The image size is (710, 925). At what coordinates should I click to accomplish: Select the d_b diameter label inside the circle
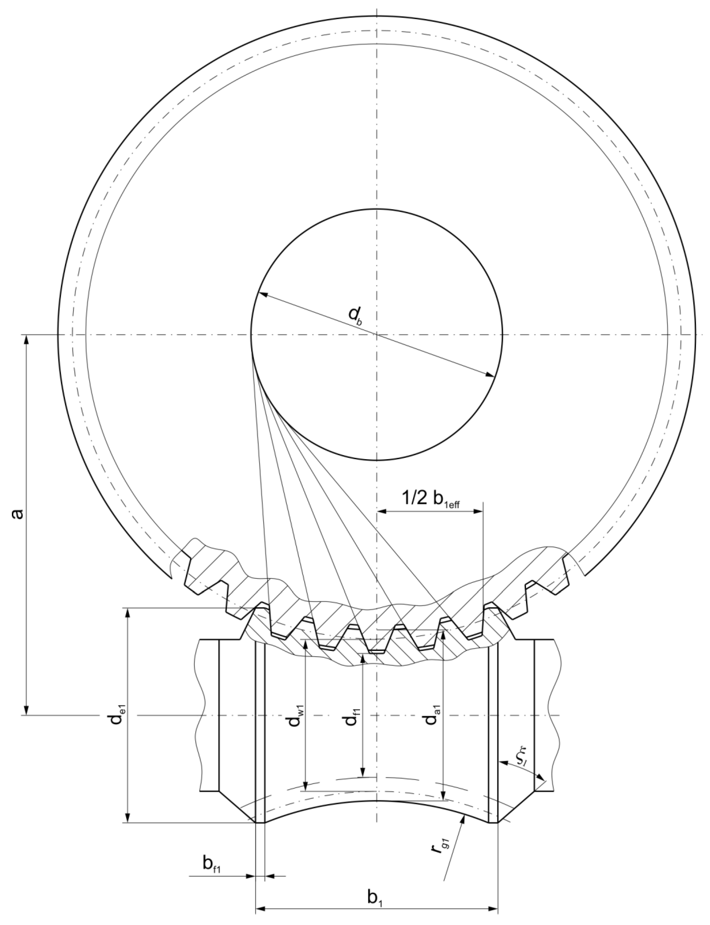coord(355,316)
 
